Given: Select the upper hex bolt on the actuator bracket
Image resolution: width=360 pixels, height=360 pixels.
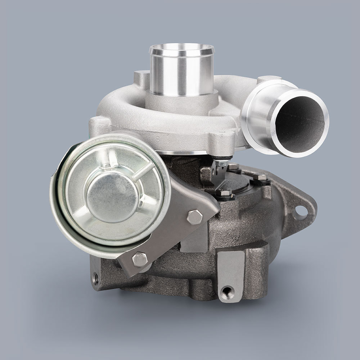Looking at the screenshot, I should click(194, 217).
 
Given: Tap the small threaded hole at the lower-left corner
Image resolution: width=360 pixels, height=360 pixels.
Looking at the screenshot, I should click(96, 278).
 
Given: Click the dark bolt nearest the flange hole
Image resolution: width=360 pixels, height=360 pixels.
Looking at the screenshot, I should click(259, 178).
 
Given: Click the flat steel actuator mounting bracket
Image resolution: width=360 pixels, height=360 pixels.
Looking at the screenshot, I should click(180, 230).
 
